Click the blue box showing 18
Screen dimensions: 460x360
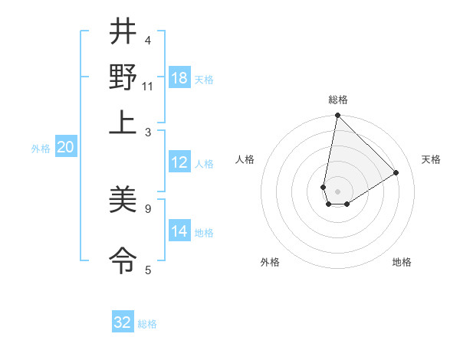tap(179, 78)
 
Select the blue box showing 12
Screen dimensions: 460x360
tap(179, 162)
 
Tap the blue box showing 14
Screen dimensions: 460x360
tap(179, 231)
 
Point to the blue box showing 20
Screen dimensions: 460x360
tap(65, 148)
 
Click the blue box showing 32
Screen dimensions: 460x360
tap(123, 322)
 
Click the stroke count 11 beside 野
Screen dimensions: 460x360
tap(148, 87)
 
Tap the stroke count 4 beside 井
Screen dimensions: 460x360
tap(148, 40)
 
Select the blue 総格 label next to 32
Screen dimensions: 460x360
tap(148, 324)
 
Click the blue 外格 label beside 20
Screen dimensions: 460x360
tap(41, 149)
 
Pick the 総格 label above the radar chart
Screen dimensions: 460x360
tap(337, 100)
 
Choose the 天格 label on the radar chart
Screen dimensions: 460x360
tap(432, 159)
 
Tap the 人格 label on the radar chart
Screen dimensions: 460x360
tap(245, 159)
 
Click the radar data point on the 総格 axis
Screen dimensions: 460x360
tap(337, 116)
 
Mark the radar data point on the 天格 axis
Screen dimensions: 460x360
tap(396, 173)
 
